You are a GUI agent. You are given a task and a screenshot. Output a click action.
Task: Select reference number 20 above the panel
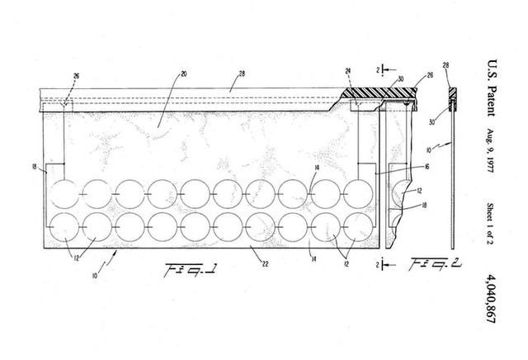tap(184, 73)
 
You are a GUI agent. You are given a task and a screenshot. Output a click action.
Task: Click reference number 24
tap(349, 72)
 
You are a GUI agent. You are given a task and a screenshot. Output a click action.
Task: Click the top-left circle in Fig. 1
tap(64, 194)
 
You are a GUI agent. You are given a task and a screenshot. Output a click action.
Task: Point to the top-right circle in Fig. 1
tap(359, 194)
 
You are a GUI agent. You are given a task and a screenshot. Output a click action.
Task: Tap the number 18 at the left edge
tap(33, 168)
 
